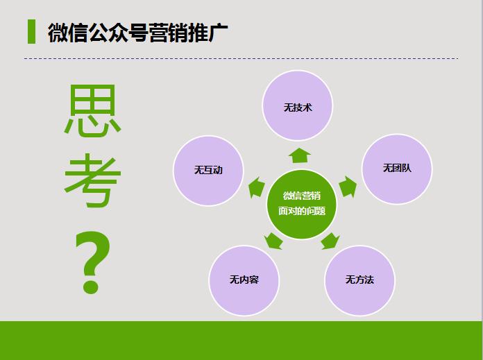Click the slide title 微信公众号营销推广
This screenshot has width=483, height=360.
pyautogui.click(x=138, y=33)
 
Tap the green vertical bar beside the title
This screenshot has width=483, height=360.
pyautogui.click(x=31, y=32)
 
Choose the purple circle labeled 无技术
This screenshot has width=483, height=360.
pyautogui.click(x=298, y=107)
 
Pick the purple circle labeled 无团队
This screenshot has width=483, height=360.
pyautogui.click(x=397, y=169)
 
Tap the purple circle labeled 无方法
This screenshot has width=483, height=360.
pyautogui.click(x=359, y=280)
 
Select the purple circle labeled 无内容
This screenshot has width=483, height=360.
pyautogui.click(x=244, y=280)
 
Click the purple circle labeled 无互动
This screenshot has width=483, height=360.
pyautogui.click(x=208, y=170)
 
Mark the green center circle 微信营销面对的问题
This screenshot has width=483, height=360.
pyautogui.click(x=302, y=204)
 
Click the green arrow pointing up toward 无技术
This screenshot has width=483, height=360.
pyautogui.click(x=299, y=155)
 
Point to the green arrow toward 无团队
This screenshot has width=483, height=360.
pyautogui.click(x=348, y=187)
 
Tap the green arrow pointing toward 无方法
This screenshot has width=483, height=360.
pyautogui.click(x=330, y=241)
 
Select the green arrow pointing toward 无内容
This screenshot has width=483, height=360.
pyautogui.click(x=273, y=241)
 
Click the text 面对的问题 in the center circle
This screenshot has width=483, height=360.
pyautogui.click(x=302, y=211)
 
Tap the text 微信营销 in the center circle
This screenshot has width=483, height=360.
pyautogui.click(x=302, y=196)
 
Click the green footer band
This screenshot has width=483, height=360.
pyautogui.click(x=241, y=341)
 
